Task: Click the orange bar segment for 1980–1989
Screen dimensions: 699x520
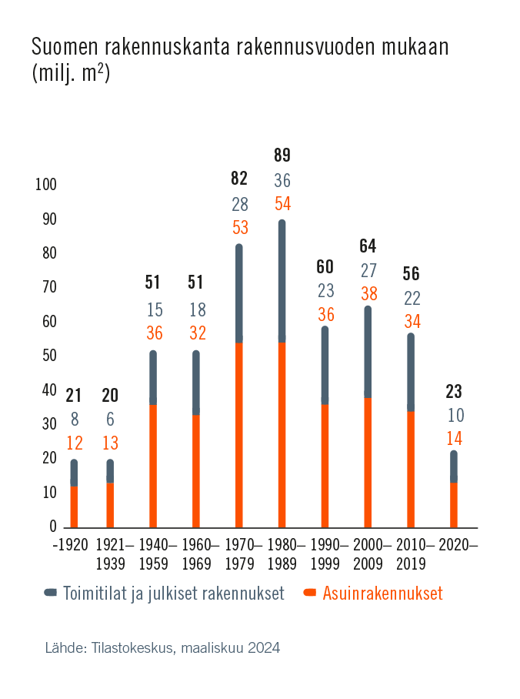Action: (282, 435)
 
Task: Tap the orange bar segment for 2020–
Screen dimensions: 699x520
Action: (454, 505)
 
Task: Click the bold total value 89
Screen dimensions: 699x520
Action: (282, 156)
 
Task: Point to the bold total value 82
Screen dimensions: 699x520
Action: (239, 179)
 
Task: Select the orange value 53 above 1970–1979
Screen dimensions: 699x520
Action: (239, 228)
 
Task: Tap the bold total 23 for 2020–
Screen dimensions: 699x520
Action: (454, 391)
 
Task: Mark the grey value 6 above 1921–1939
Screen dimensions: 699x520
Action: (110, 420)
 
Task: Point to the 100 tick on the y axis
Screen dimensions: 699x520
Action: (46, 185)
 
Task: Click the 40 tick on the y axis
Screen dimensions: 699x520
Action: (49, 390)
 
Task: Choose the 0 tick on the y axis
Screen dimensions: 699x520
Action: (53, 527)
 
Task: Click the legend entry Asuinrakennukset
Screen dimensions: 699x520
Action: (382, 594)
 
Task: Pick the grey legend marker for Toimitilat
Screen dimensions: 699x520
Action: (51, 593)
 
